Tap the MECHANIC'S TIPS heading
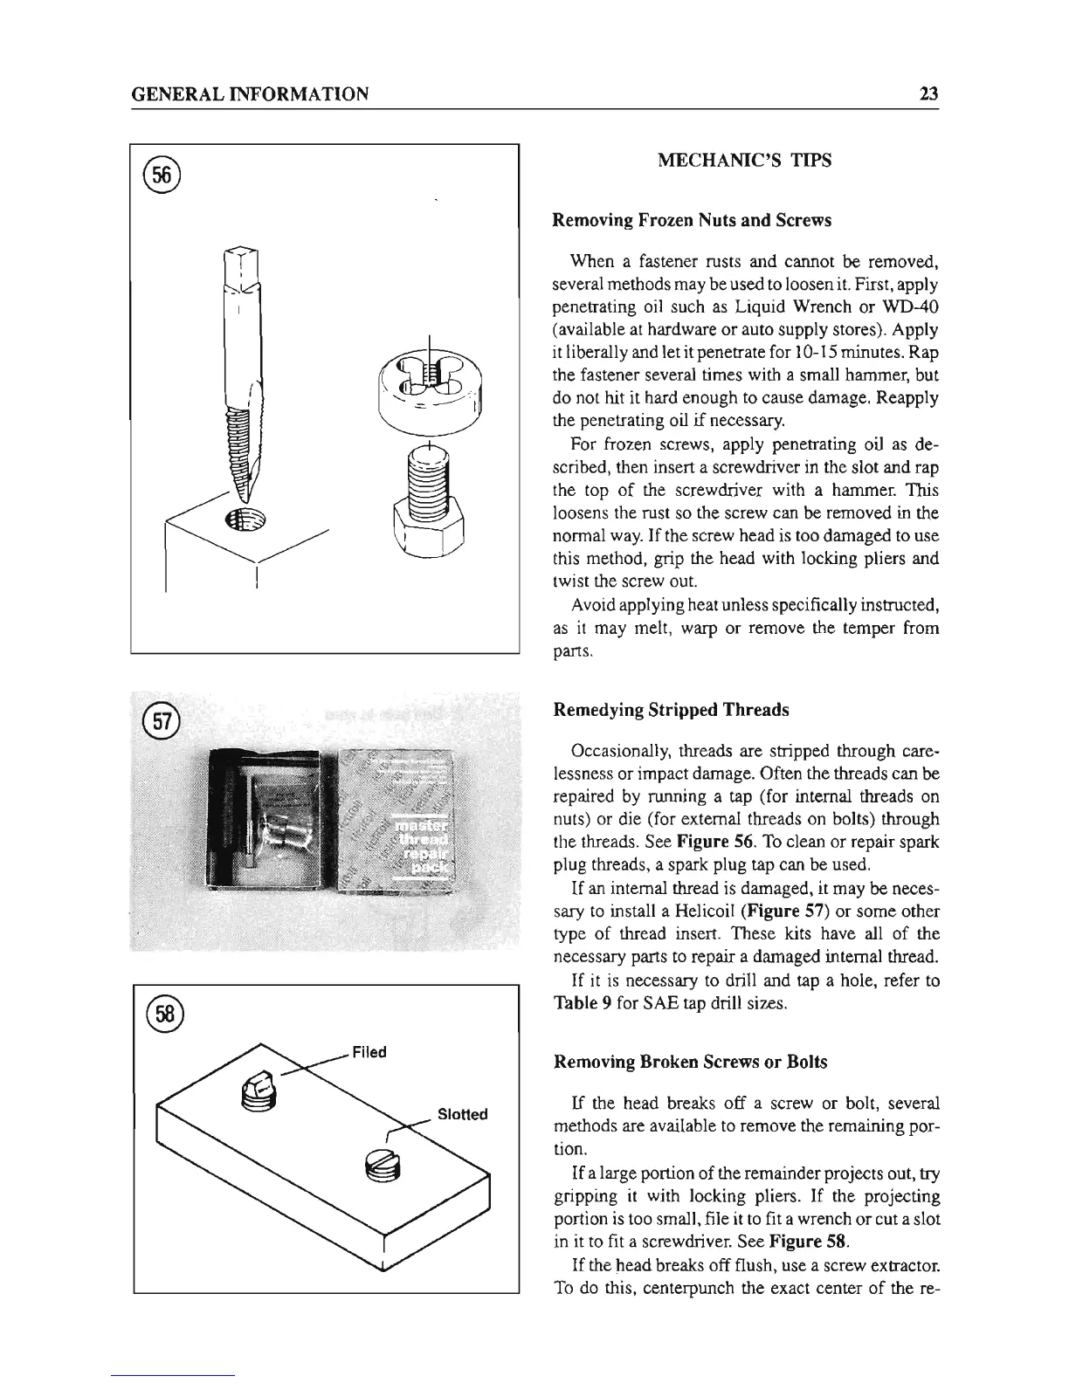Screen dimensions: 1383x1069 point(744,161)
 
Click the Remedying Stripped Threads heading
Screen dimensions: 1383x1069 point(671,710)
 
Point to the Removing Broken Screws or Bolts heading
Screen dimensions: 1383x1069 point(690,1063)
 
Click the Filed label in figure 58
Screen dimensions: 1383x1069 point(369,1052)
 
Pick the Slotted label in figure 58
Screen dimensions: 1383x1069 point(462,1115)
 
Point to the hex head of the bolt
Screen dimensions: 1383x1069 point(428,528)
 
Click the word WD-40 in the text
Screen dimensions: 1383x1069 point(914,308)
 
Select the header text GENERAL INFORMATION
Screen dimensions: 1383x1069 point(249,93)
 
